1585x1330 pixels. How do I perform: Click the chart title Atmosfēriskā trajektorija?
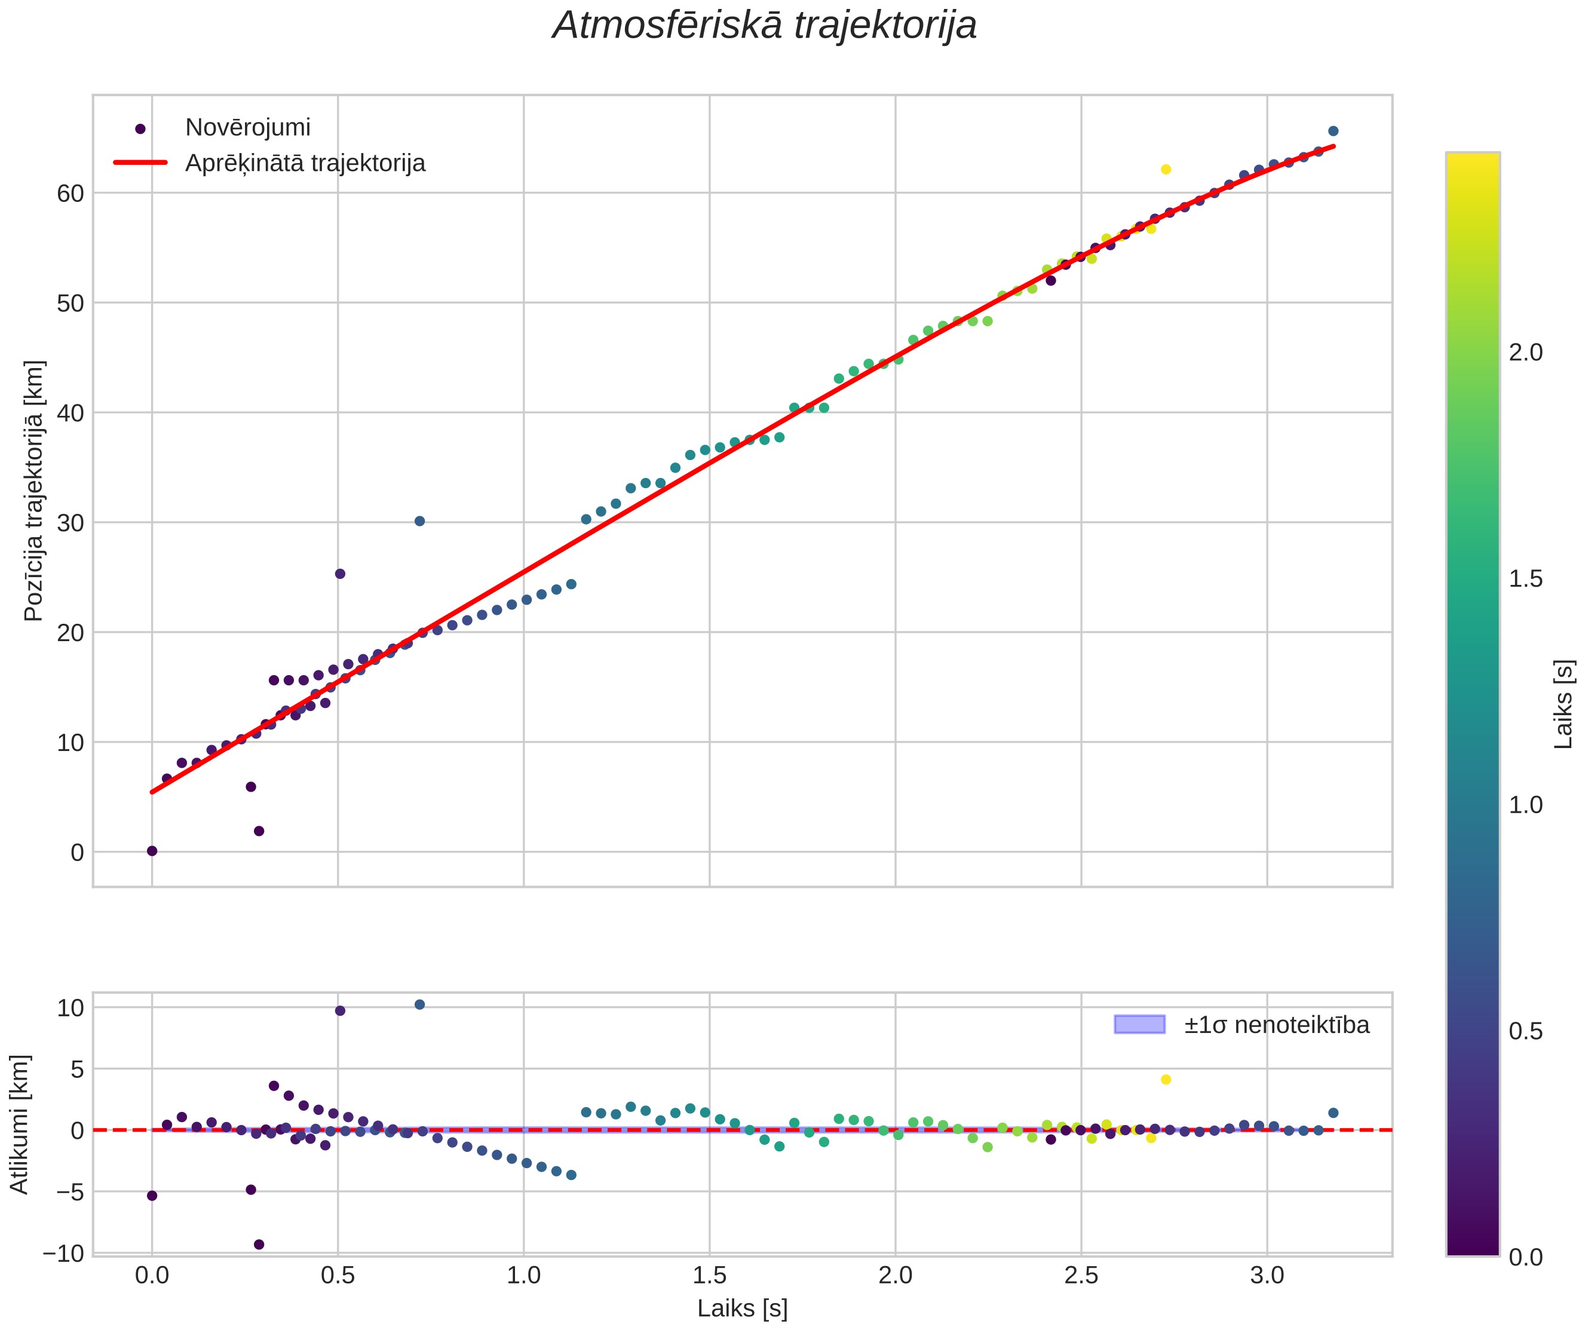765,26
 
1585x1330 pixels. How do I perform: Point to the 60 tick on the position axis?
70,193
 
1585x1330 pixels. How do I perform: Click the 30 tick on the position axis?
70,522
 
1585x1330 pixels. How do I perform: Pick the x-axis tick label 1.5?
710,1275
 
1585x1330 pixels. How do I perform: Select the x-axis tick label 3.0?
1267,1275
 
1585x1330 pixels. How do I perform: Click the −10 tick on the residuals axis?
63,1254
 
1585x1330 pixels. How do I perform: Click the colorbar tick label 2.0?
1525,353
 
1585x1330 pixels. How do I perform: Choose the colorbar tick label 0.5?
1525,1031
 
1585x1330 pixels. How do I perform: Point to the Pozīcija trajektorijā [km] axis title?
35,491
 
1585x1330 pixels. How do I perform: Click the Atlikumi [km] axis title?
20,1124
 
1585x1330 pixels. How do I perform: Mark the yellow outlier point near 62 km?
1166,169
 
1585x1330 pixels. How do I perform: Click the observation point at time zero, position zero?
152,851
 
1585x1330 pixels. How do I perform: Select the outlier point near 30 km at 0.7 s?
419,521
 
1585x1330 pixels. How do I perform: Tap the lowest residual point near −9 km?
259,1244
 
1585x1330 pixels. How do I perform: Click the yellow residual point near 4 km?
1166,1080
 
